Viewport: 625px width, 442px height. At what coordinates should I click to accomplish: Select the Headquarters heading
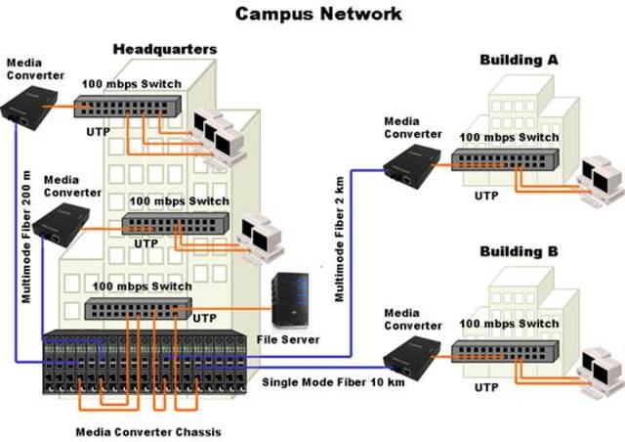pyautogui.click(x=164, y=49)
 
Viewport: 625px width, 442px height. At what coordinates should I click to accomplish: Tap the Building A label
pyautogui.click(x=519, y=60)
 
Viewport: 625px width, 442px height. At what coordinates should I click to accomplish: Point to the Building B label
pyautogui.click(x=519, y=251)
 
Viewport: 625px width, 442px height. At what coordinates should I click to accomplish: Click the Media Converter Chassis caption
pyautogui.click(x=149, y=431)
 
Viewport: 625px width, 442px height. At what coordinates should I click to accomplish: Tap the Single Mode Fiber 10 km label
pyautogui.click(x=332, y=382)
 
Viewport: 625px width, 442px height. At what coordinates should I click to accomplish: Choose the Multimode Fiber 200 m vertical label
pyautogui.click(x=26, y=236)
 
